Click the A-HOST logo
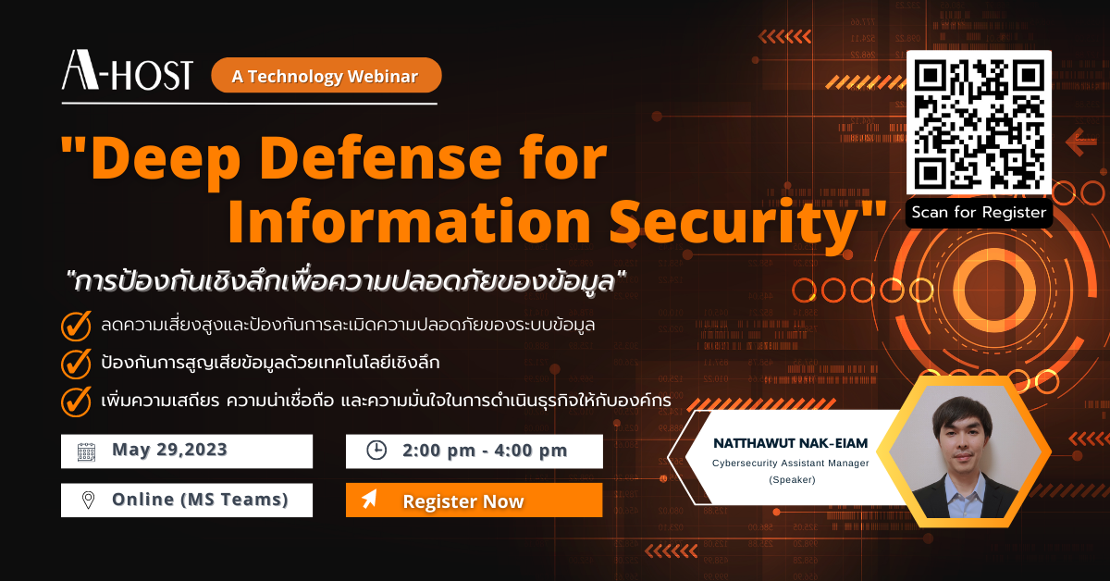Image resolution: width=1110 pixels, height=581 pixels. tap(127, 71)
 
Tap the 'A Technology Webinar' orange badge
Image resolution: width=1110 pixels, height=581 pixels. tap(326, 76)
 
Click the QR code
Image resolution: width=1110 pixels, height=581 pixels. tap(979, 124)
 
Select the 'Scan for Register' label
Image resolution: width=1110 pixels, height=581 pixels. tap(979, 213)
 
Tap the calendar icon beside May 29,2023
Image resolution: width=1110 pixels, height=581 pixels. tap(86, 451)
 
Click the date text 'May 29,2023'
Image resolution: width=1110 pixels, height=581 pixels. tap(169, 451)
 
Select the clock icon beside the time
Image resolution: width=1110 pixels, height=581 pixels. tap(376, 451)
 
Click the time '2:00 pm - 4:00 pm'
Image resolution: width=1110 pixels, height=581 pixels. tap(485, 451)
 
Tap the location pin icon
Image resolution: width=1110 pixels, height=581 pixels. tap(88, 500)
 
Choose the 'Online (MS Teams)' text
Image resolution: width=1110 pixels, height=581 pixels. tap(200, 500)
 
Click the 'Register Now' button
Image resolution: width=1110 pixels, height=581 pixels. tap(474, 501)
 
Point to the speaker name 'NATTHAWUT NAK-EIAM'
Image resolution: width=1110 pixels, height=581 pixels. tap(790, 443)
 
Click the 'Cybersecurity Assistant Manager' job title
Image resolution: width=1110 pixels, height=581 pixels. tap(790, 463)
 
